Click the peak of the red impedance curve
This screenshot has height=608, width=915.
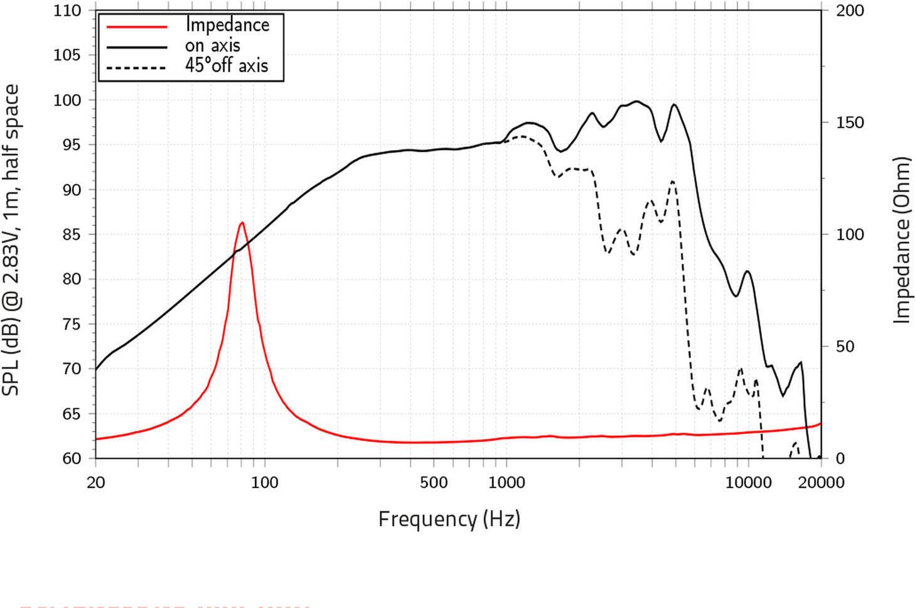tap(242, 222)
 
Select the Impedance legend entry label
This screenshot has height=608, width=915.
tap(227, 25)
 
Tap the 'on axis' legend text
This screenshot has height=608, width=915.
tap(212, 45)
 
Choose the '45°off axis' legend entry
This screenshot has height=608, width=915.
tap(226, 65)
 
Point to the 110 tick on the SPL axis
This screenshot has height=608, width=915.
tap(67, 11)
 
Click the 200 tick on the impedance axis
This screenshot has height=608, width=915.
tap(850, 11)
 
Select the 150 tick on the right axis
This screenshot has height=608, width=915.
tap(850, 122)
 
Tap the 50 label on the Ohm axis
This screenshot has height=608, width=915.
tap(845, 347)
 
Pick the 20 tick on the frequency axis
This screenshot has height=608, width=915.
tap(95, 482)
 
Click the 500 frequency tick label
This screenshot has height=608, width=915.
tap(433, 482)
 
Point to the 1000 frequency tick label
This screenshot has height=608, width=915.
tap(506, 482)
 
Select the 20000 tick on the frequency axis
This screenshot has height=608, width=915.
tap(821, 482)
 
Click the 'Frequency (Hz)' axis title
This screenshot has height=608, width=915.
tap(449, 519)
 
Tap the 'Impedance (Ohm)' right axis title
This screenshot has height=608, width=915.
tap(902, 240)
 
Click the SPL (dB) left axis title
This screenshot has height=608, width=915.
tap(11, 240)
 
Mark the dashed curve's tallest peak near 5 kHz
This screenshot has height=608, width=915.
tap(673, 181)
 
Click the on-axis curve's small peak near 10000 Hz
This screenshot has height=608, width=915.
tap(747, 271)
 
